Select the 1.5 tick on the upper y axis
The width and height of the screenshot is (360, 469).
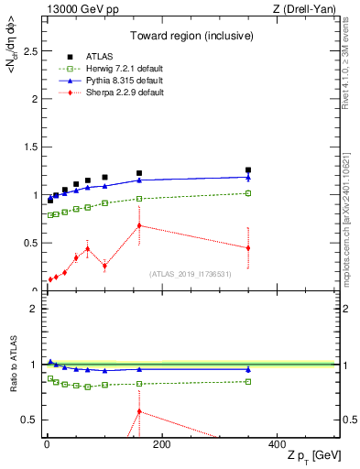33,147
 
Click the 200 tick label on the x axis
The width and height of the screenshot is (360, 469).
161,444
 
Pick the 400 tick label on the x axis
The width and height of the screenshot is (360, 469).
277,444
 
